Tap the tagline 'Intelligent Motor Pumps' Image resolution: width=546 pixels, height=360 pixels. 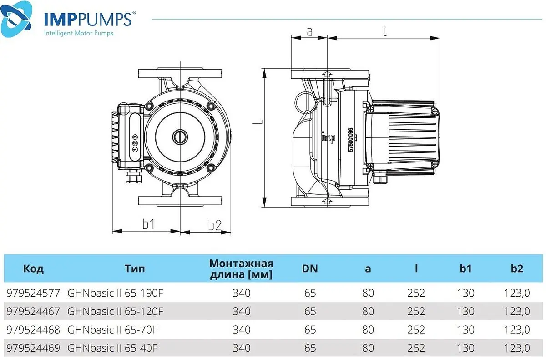[x=78, y=33]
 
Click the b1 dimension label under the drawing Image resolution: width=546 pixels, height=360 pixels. [x=148, y=224]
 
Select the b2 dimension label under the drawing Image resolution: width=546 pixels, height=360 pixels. [x=214, y=224]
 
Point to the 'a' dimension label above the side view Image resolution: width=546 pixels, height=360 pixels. [x=309, y=31]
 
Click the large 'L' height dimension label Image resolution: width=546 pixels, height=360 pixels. [x=257, y=122]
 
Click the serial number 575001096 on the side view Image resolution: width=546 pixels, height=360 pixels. [x=350, y=143]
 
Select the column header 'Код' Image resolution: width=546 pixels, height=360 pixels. [x=33, y=269]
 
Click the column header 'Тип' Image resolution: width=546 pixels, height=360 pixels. [x=135, y=269]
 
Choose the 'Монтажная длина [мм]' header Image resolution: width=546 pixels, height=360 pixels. [x=241, y=269]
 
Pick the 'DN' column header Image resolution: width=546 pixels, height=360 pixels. [x=310, y=269]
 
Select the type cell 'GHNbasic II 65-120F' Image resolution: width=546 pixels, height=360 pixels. [x=115, y=311]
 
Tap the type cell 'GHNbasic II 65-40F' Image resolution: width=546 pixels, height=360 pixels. [x=112, y=348]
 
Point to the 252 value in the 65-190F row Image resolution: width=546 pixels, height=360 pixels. [x=416, y=293]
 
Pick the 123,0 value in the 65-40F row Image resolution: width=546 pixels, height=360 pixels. [x=517, y=348]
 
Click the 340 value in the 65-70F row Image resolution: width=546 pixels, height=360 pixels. [x=241, y=330]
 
